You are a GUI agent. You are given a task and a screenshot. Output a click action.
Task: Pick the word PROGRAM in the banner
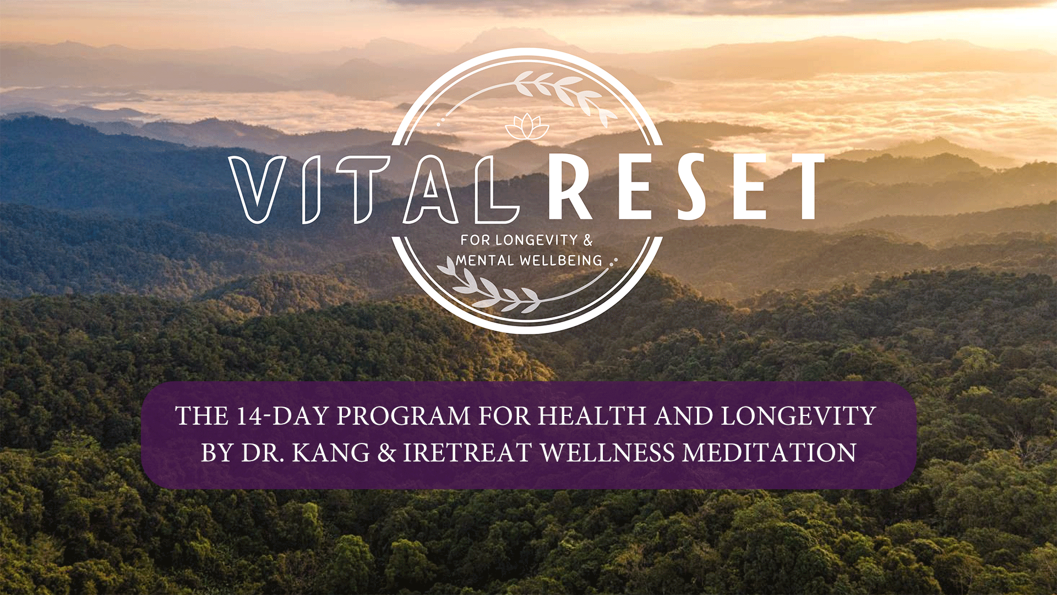pyautogui.click(x=403, y=416)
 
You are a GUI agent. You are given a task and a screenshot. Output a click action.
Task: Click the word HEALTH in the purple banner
pyautogui.click(x=592, y=416)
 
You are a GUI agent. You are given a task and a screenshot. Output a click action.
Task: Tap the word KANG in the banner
pyautogui.click(x=331, y=453)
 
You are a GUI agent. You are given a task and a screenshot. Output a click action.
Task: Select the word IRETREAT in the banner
pyautogui.click(x=467, y=453)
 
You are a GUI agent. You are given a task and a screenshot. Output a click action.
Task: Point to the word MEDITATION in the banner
pyautogui.click(x=769, y=453)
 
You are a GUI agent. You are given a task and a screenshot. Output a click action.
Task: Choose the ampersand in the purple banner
pyautogui.click(x=387, y=453)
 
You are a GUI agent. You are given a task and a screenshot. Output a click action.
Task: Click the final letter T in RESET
pyautogui.click(x=803, y=187)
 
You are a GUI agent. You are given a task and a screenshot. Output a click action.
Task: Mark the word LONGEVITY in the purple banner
pyautogui.click(x=798, y=416)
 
